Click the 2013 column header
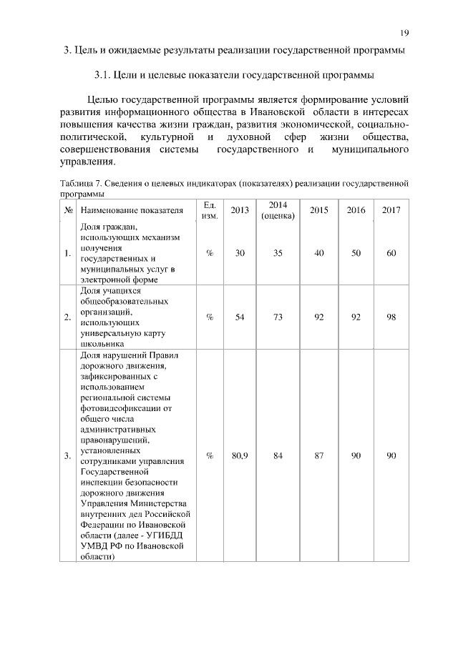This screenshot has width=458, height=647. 240,211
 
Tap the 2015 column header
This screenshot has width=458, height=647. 319,211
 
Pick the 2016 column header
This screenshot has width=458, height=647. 356,211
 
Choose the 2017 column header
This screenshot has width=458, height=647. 391,211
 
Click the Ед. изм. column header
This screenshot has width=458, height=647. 210,210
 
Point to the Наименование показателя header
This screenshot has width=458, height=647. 132,211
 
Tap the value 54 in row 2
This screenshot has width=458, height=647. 240,318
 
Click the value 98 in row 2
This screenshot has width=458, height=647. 391,318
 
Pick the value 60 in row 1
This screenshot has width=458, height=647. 391,253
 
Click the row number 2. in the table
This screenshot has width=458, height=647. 67,318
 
